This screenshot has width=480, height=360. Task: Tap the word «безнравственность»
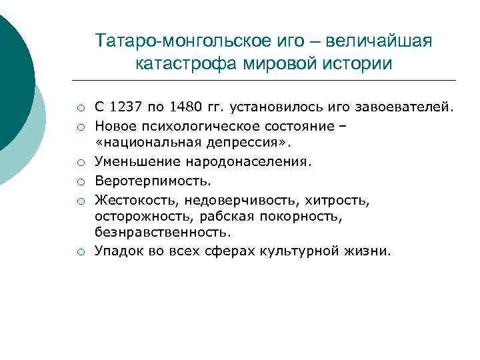pyautogui.click(x=163, y=233)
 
